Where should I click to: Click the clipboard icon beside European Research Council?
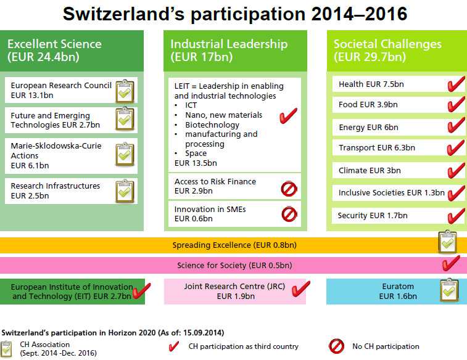click(125, 91)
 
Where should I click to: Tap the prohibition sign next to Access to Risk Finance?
click(289, 189)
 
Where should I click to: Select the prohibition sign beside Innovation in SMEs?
click(289, 214)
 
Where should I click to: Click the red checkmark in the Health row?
click(456, 84)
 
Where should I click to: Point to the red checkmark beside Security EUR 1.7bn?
click(456, 216)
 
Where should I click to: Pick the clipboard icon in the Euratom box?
click(450, 290)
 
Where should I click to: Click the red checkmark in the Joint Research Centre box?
click(301, 288)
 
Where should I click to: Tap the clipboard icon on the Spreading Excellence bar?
click(448, 242)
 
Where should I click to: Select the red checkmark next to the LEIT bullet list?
click(288, 115)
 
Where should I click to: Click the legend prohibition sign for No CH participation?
click(337, 346)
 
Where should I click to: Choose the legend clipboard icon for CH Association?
click(6, 349)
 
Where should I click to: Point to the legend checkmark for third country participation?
click(174, 346)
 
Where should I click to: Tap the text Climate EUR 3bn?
click(370, 171)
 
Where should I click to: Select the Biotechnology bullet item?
click(212, 125)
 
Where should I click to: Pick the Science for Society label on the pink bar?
click(234, 266)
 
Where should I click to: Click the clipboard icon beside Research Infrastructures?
click(125, 191)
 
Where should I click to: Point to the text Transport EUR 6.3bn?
click(377, 147)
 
